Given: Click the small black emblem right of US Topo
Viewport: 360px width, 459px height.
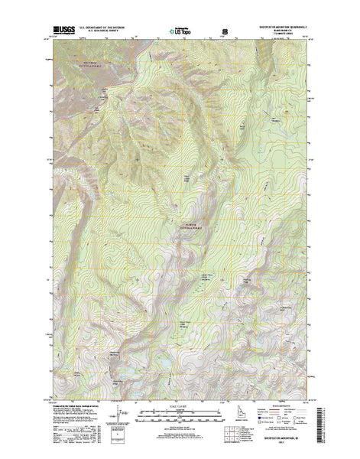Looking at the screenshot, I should pyautogui.click(x=225, y=31).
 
